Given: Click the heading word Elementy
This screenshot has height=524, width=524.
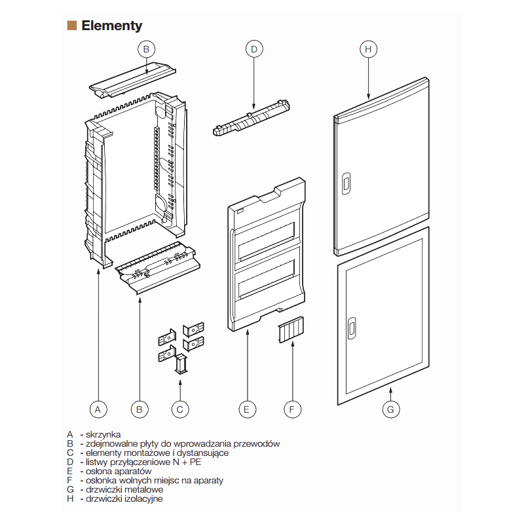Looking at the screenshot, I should (111, 26).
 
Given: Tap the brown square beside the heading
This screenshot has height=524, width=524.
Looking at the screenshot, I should (71, 26).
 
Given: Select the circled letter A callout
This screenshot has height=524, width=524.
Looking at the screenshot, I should (98, 409).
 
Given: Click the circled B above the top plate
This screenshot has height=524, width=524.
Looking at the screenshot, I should (146, 48).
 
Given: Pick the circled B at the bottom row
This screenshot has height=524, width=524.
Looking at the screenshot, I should (139, 409).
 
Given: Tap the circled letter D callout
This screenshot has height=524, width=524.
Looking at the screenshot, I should (253, 48).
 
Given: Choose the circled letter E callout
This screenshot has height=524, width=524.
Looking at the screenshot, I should (246, 409).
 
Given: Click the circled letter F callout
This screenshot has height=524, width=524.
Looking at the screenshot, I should (292, 409).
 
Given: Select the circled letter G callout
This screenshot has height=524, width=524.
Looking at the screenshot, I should (390, 409).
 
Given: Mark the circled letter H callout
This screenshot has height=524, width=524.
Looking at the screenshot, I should (368, 48).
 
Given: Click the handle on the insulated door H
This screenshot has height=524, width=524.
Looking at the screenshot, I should (346, 184).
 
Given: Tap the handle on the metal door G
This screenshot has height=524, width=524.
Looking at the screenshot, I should (352, 329).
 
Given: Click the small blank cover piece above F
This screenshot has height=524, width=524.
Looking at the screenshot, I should (290, 330).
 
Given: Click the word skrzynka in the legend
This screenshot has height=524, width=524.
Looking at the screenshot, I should (103, 434).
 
